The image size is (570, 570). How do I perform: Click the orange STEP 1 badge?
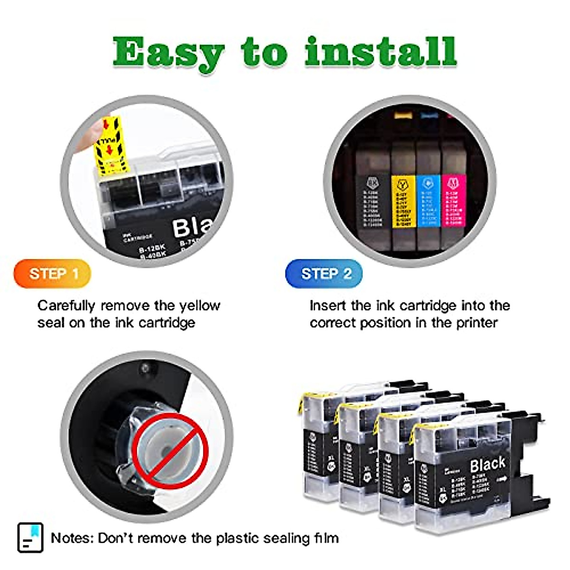52,274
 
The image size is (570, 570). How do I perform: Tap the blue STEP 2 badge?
324,274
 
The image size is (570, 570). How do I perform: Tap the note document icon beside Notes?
30,538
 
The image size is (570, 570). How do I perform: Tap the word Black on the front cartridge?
487,464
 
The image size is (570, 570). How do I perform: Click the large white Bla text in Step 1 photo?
192,227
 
